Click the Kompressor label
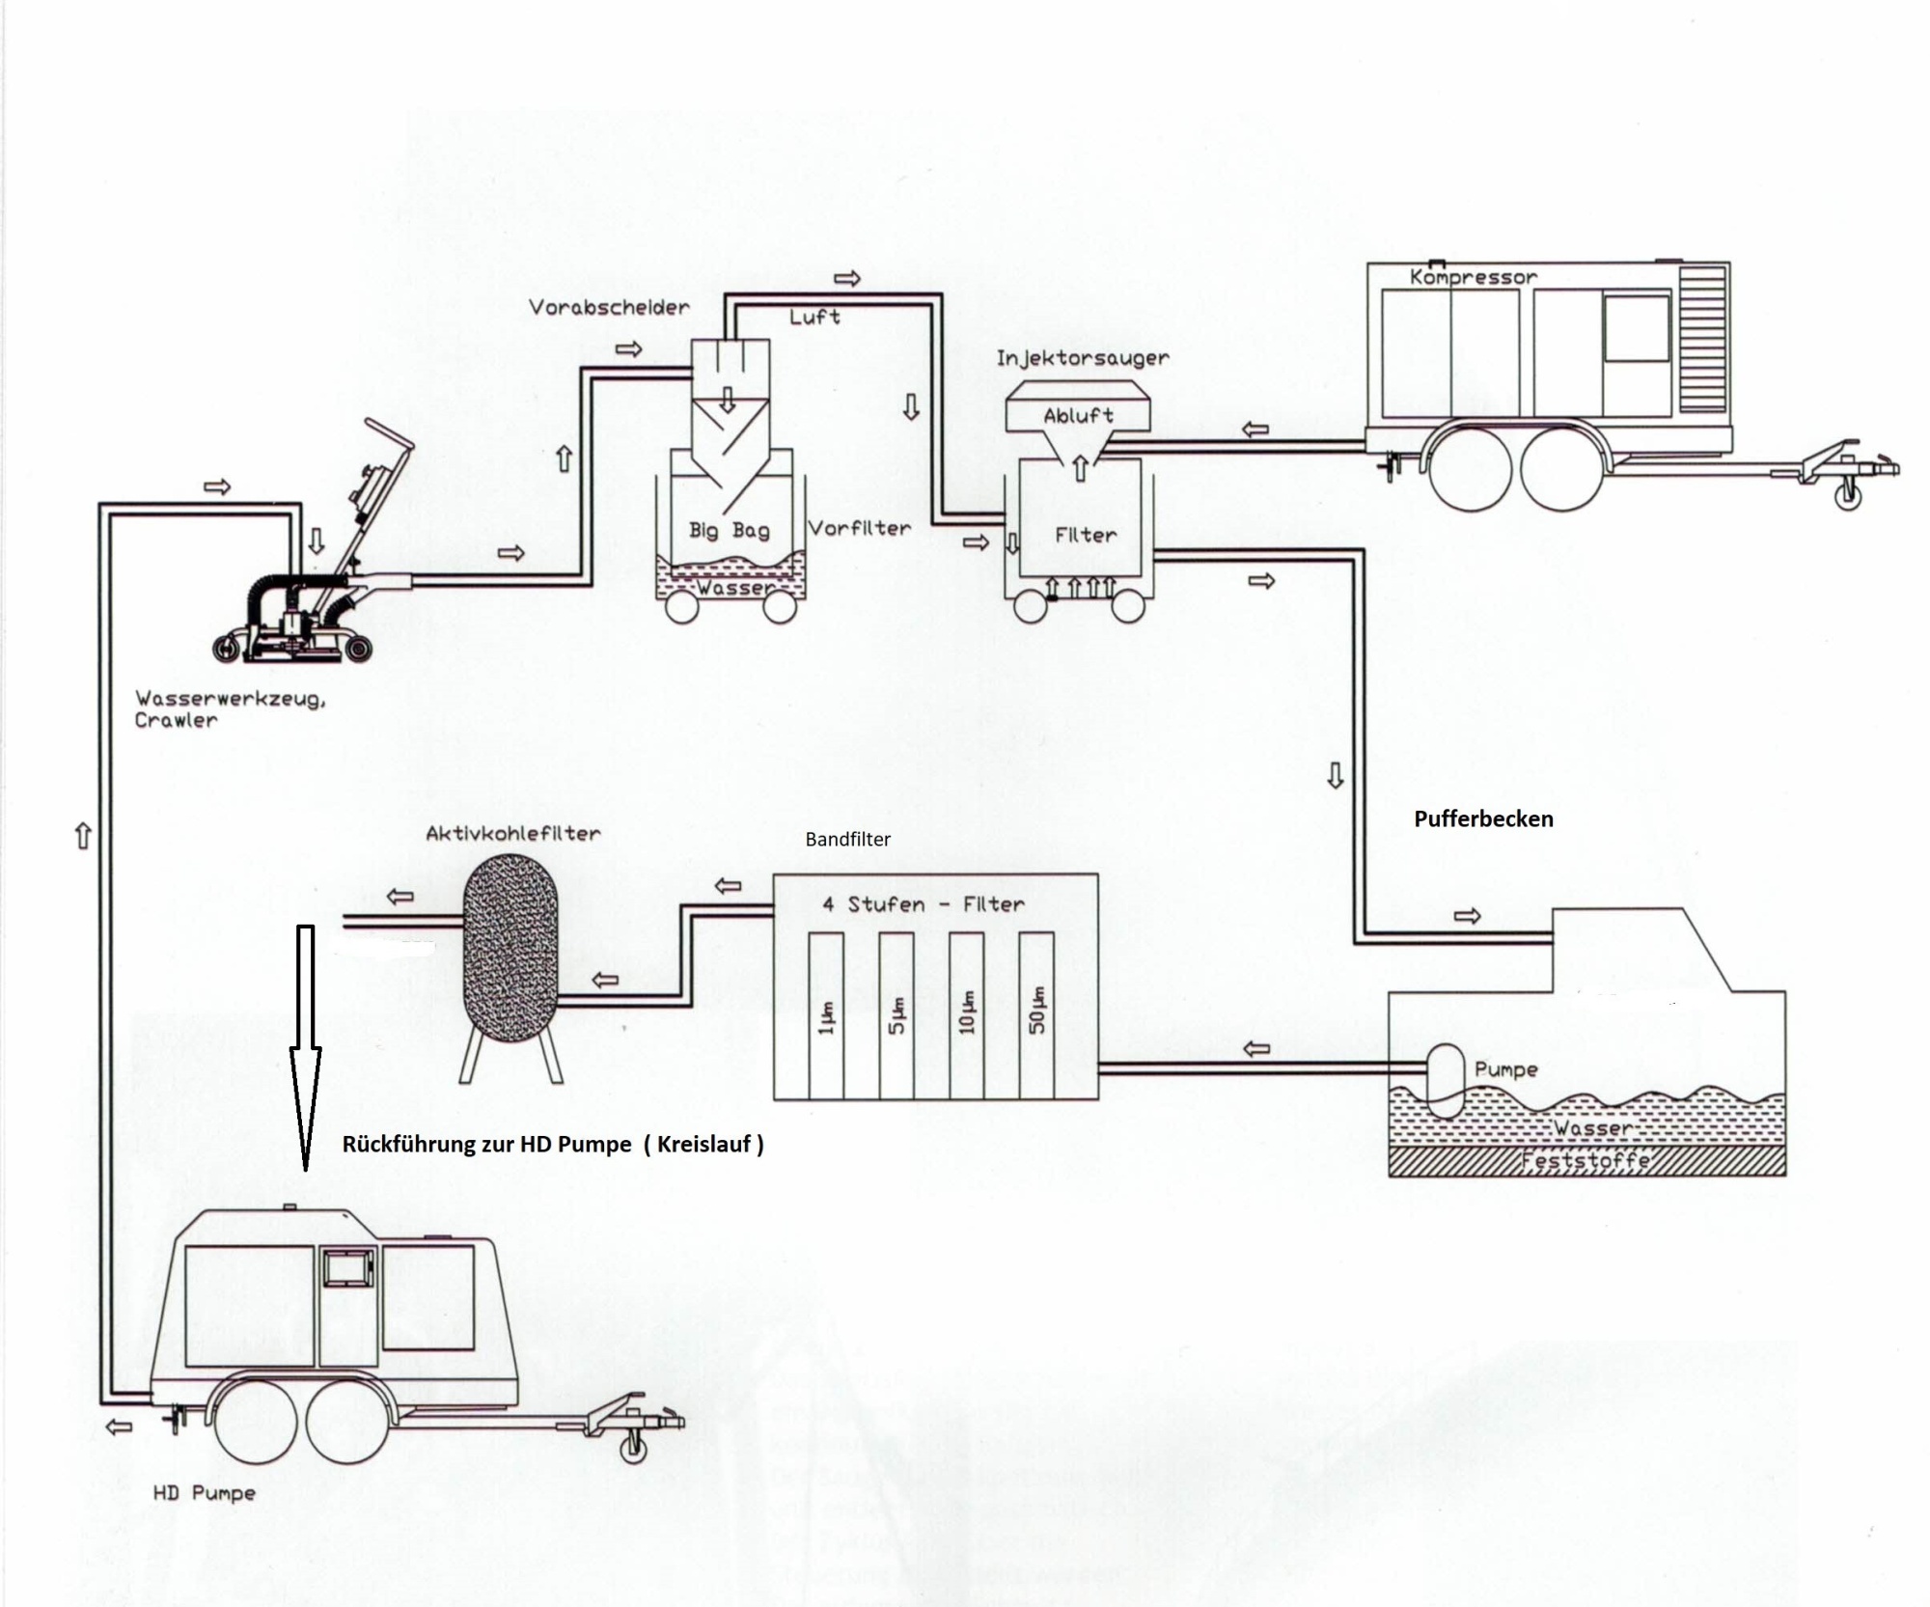[1473, 277]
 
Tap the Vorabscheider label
[609, 308]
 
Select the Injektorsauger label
[1083, 358]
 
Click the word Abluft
[1079, 416]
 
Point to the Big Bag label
[729, 530]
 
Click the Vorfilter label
[859, 528]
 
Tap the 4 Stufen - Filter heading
[923, 904]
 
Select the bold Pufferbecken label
[1483, 819]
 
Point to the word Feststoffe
[1585, 1160]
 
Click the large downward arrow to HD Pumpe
[306, 1042]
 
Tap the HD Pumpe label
[205, 1493]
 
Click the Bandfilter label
[847, 840]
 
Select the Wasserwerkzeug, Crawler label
[229, 708]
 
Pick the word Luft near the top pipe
[814, 317]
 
